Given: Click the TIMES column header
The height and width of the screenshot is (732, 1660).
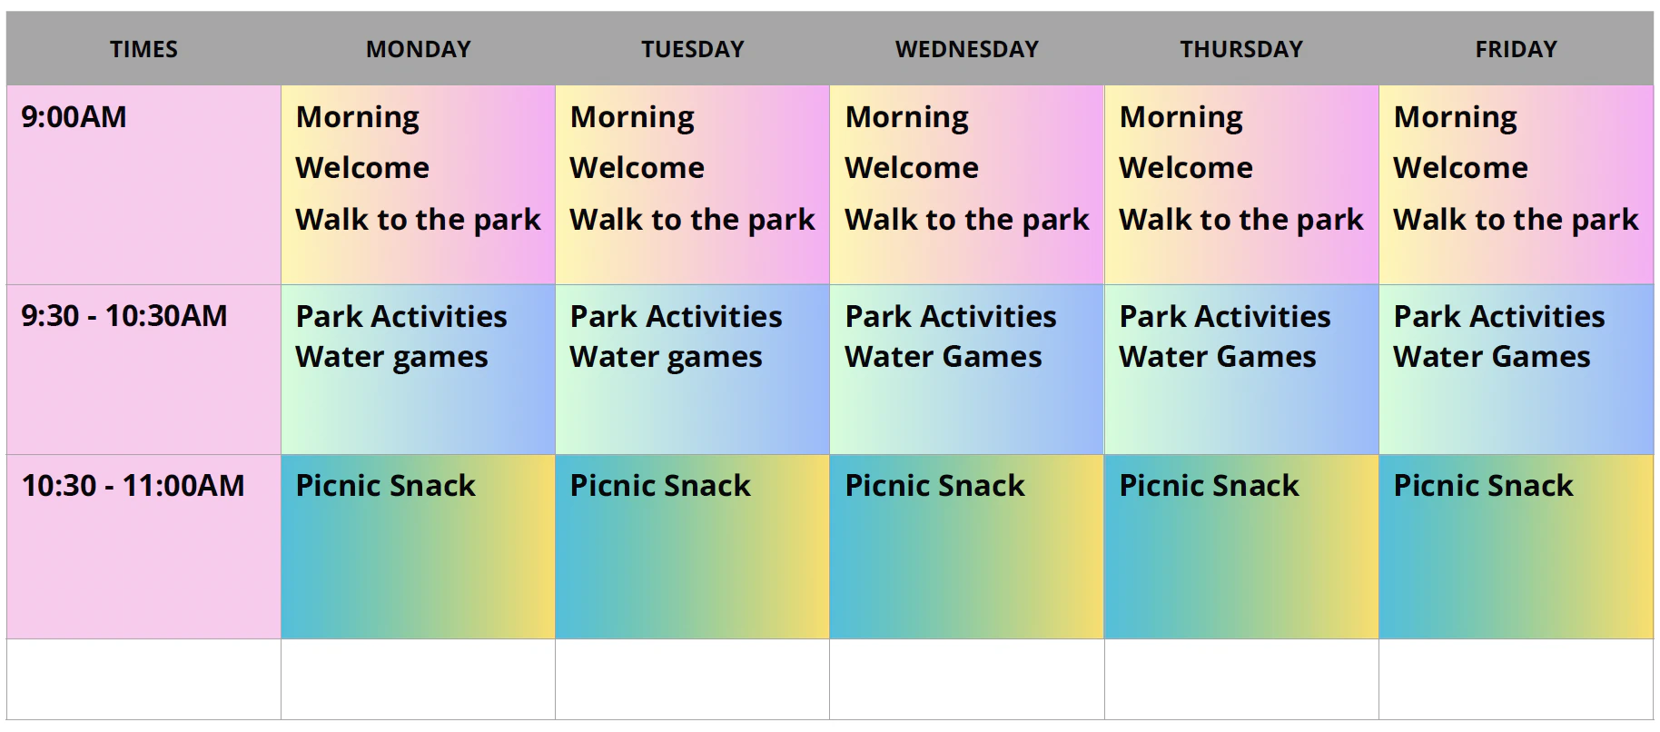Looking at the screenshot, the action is coord(143,49).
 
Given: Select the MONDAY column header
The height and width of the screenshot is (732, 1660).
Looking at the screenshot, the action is coord(419,49).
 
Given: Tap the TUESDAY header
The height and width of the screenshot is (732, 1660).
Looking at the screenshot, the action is coord(693,49).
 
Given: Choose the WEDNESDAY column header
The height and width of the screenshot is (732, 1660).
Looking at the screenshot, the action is coord(967,49).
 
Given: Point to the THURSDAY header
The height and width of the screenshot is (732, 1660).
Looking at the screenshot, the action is coord(1241,49).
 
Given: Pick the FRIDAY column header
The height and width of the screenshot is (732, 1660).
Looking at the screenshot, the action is coord(1517,49).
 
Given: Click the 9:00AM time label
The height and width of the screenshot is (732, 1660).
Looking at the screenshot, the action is coord(74,117).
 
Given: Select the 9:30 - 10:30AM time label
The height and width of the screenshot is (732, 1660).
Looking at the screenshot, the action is coord(124,316).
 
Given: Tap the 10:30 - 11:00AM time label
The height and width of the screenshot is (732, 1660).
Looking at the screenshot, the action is coord(133,486).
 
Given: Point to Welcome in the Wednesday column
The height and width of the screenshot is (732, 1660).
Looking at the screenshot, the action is coord(912,168).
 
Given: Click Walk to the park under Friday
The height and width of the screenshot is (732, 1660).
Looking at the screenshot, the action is coord(1516,221).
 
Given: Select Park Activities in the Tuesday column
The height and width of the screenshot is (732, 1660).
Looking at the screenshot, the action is coord(676,316).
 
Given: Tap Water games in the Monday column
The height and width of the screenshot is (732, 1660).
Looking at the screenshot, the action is coord(392,358).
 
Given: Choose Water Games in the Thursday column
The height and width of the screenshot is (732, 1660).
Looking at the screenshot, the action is coord(1218,357).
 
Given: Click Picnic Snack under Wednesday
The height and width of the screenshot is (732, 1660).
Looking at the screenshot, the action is coord(935,486).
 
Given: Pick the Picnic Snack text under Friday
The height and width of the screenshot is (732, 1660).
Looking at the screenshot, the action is coord(1484,486).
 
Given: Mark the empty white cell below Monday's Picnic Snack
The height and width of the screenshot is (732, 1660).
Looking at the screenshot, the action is coord(419,679).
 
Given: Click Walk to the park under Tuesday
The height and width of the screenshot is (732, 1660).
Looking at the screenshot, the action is coord(693,221).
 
